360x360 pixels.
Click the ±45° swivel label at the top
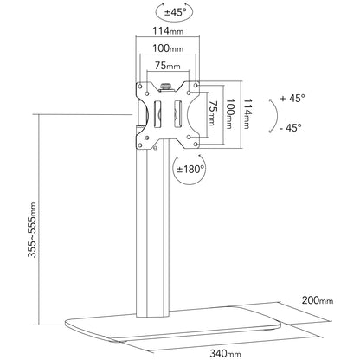175,12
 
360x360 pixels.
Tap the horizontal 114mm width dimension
168,30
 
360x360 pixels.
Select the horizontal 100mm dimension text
168,48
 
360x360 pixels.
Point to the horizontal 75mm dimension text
168,66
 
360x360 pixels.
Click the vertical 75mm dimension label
212,113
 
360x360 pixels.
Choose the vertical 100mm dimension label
229,113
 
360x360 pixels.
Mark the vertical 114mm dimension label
247,113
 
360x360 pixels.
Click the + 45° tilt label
292,98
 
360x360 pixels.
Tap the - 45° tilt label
291,127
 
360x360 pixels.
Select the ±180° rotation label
190,169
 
